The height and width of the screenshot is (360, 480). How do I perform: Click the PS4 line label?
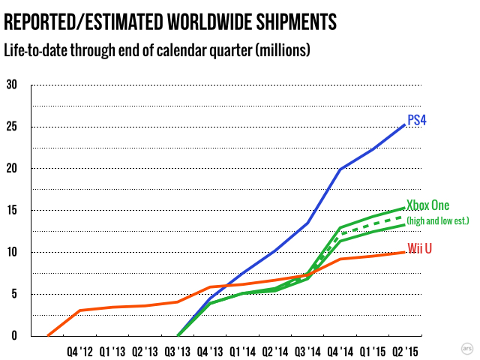[x=417, y=120]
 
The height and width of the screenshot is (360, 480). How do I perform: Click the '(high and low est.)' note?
[x=437, y=220]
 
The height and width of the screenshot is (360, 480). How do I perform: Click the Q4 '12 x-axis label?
[x=79, y=349]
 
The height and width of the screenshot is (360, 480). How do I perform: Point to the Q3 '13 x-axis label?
[x=177, y=349]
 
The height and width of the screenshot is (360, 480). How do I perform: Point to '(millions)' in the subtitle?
[x=280, y=51]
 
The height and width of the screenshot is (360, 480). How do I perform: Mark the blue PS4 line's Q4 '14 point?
[x=340, y=169]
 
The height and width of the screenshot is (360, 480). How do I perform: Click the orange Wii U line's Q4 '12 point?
[x=79, y=310]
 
